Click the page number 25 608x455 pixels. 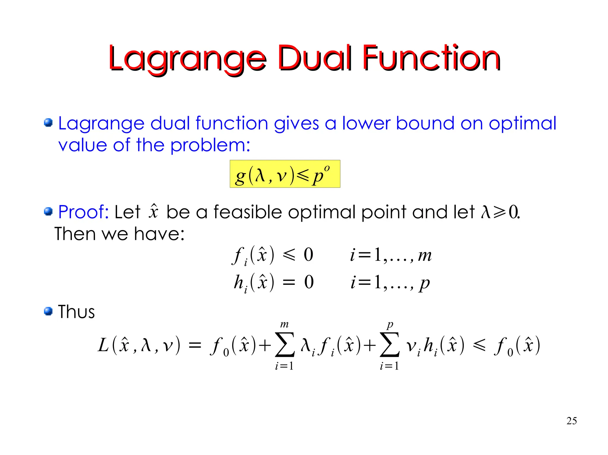coord(571,421)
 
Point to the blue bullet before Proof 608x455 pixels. coord(48,212)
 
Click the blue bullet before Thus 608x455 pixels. coord(48,311)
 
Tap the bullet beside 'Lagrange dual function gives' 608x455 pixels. coord(48,122)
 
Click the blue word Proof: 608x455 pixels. coord(83,212)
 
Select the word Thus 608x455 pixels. coord(76,312)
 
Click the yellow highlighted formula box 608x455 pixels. coord(285,174)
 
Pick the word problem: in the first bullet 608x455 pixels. coord(210,145)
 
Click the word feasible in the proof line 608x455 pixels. coord(248,212)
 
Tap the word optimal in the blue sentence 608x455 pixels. coord(522,123)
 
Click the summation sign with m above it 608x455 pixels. coord(285,345)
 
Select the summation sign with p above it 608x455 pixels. coord(389,345)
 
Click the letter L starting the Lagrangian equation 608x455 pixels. coord(103,345)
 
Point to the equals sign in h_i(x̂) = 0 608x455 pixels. coord(289,282)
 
